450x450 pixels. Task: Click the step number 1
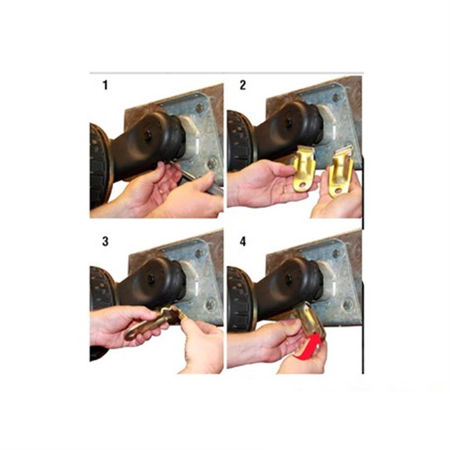105,85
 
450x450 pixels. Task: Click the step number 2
243,85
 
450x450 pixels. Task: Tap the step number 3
105,241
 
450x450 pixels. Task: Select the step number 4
243,241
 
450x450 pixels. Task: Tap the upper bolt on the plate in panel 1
199,108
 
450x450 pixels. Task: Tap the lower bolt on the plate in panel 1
212,164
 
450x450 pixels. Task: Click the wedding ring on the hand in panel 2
285,189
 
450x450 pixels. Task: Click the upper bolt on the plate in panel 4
336,253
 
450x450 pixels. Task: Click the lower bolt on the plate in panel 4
348,304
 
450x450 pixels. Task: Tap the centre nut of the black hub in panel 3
151,279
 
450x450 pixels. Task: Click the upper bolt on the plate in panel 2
336,98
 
